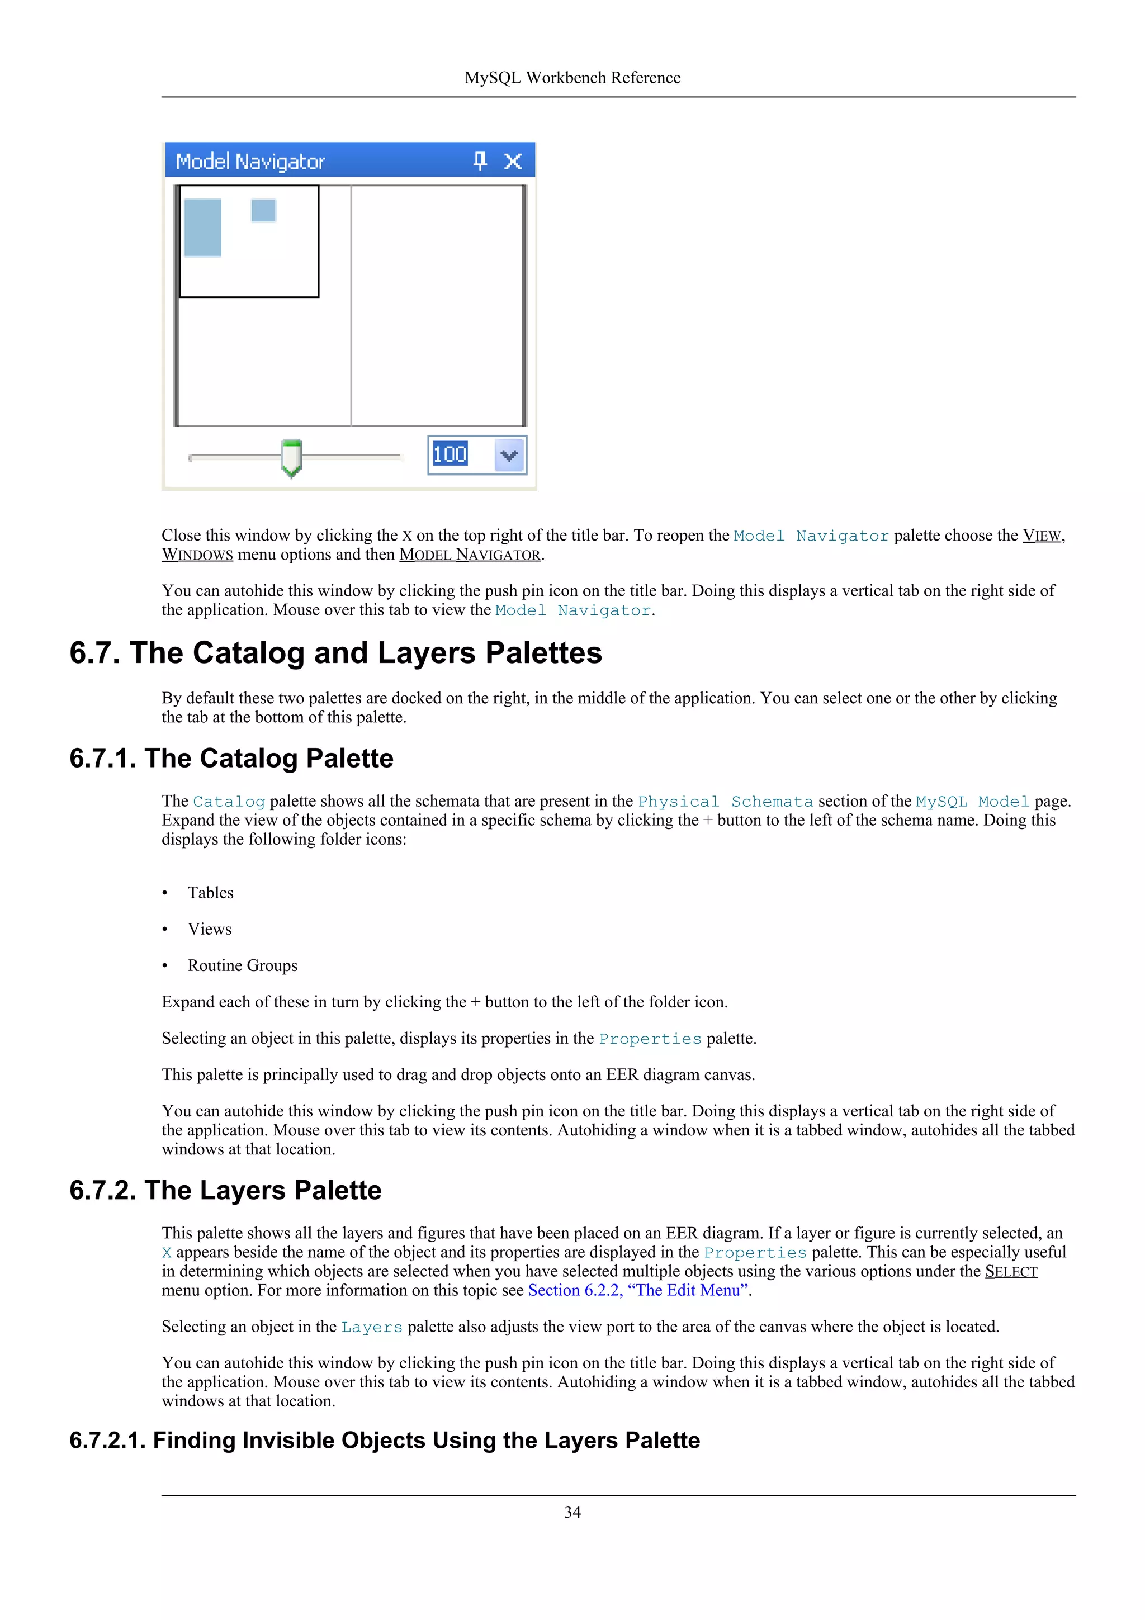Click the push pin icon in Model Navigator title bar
[480, 161]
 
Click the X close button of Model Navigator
[513, 162]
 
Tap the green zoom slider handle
[291, 457]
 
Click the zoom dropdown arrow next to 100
[509, 455]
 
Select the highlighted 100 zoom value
[450, 454]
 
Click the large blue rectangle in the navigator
[202, 227]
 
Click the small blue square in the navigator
[263, 210]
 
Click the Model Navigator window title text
[250, 162]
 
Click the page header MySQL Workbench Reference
[572, 78]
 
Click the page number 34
[572, 1512]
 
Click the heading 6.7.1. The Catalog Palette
[231, 759]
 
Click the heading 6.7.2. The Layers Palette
[225, 1190]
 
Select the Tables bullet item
[210, 893]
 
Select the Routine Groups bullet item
[242, 965]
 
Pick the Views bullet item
[210, 929]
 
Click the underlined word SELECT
[1011, 1271]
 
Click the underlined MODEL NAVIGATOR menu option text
[470, 555]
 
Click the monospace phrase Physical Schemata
[725, 802]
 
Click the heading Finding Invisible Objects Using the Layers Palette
[385, 1440]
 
